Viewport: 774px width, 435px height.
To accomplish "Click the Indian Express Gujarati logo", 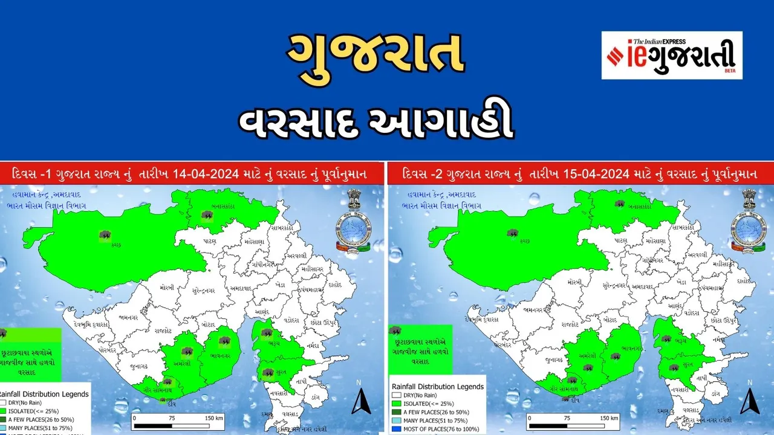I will click(x=671, y=56).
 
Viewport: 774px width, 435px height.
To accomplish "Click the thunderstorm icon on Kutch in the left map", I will click(x=105, y=235).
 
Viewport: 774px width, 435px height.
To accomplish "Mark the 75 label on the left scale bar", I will click(x=172, y=417).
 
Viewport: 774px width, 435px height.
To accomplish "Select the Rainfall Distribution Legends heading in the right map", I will click(x=437, y=386).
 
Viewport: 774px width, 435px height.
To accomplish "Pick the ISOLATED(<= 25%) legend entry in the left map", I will click(x=30, y=410).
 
